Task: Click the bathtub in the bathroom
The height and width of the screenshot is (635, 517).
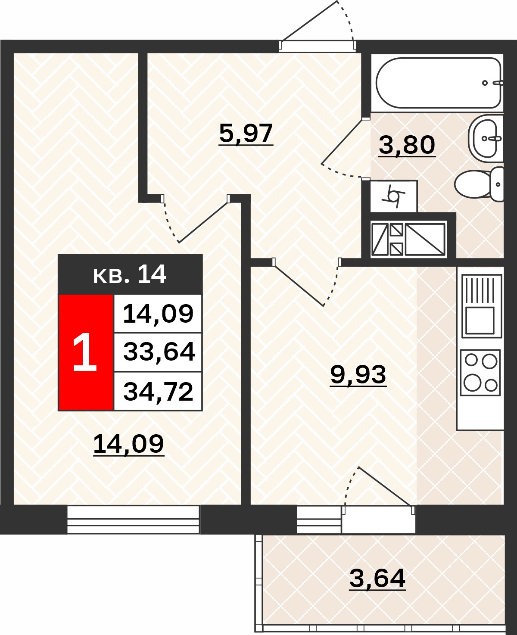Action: tap(438, 83)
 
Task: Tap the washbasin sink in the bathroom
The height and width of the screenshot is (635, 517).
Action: tap(486, 139)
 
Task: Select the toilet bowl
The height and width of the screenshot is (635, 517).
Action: tap(479, 184)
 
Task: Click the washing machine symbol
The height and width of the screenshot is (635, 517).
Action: tap(393, 196)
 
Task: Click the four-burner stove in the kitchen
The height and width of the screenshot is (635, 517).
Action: tap(480, 373)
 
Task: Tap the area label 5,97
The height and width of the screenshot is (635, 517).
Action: tap(246, 134)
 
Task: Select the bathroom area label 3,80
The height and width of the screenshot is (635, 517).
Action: tap(407, 145)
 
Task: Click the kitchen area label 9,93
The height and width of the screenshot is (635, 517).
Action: tap(358, 375)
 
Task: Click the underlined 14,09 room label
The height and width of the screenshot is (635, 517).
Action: tap(129, 444)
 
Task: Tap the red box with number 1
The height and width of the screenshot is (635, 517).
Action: tap(86, 352)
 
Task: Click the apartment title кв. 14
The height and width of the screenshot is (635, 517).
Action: tap(129, 274)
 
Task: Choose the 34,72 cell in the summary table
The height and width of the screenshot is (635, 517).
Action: tap(158, 392)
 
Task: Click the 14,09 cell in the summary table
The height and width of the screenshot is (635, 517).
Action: tap(158, 313)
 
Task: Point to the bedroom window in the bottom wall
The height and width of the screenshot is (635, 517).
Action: tap(133, 519)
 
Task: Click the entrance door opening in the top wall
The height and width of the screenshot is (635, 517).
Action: tap(317, 45)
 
